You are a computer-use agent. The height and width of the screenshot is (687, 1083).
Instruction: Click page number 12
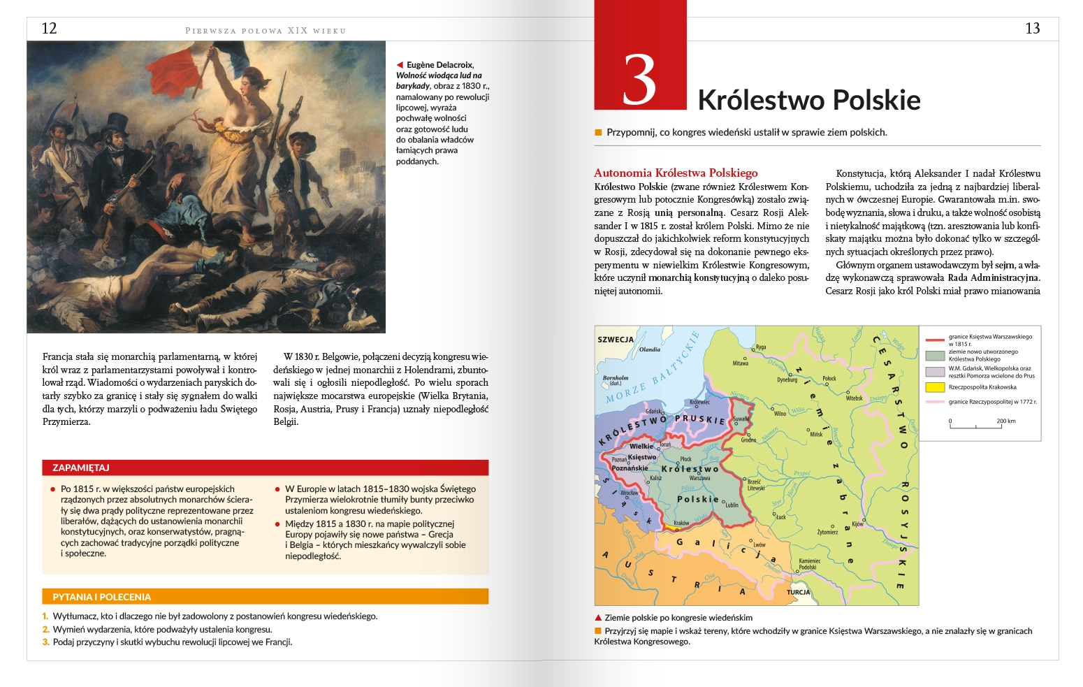[49, 29]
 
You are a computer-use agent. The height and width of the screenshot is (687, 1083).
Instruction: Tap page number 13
[1032, 29]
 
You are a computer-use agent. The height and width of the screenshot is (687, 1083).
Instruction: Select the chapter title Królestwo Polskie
[808, 100]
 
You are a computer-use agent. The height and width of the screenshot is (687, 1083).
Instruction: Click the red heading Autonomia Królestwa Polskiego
[675, 173]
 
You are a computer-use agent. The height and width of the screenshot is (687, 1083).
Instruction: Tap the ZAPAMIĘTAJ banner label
[81, 468]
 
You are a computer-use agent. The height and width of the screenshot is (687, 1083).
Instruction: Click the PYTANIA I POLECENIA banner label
[101, 597]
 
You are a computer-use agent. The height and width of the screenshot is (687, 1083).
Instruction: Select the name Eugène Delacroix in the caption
[439, 65]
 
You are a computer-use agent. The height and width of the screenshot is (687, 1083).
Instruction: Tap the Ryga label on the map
[761, 347]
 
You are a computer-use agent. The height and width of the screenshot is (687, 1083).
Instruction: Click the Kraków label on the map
[681, 523]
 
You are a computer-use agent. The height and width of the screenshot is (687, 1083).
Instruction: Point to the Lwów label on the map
[759, 544]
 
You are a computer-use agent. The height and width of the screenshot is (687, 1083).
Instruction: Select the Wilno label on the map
[780, 413]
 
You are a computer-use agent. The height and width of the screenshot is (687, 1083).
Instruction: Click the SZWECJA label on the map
[616, 340]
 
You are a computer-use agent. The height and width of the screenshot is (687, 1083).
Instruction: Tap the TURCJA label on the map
[798, 592]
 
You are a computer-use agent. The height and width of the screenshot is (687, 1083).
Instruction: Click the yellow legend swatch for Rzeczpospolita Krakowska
[935, 387]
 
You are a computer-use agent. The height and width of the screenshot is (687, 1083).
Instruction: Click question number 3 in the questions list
[45, 642]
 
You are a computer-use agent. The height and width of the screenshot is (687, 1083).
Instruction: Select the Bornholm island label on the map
[616, 378]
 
